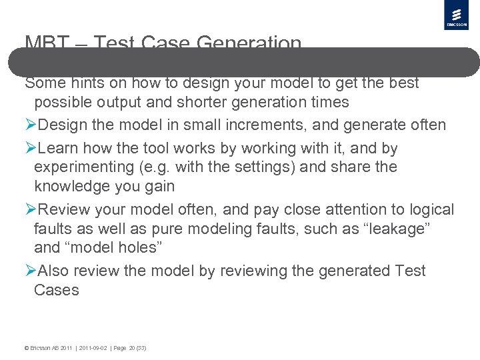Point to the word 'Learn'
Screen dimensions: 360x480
[x=61, y=147]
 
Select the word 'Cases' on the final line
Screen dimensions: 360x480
[x=56, y=290]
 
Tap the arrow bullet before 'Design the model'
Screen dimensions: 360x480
[x=31, y=125]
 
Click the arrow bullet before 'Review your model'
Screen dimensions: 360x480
[x=31, y=209]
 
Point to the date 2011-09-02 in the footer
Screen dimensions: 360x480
[x=93, y=348]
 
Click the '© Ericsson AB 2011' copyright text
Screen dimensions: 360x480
[x=47, y=348]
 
